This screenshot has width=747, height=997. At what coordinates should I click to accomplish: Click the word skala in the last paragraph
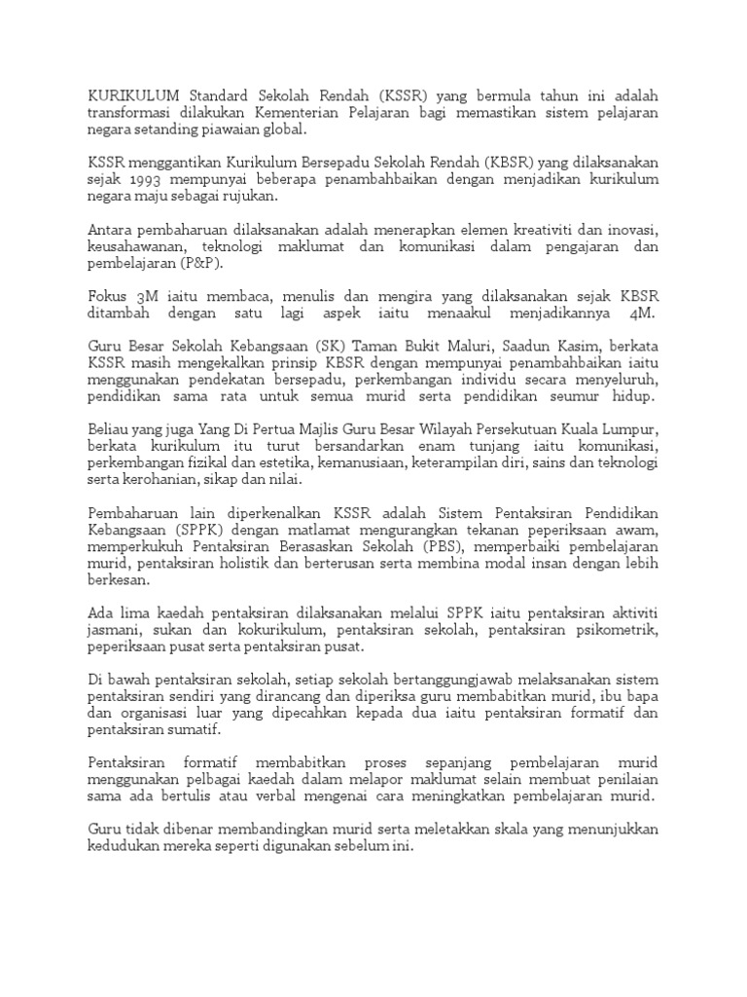[x=498, y=829]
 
